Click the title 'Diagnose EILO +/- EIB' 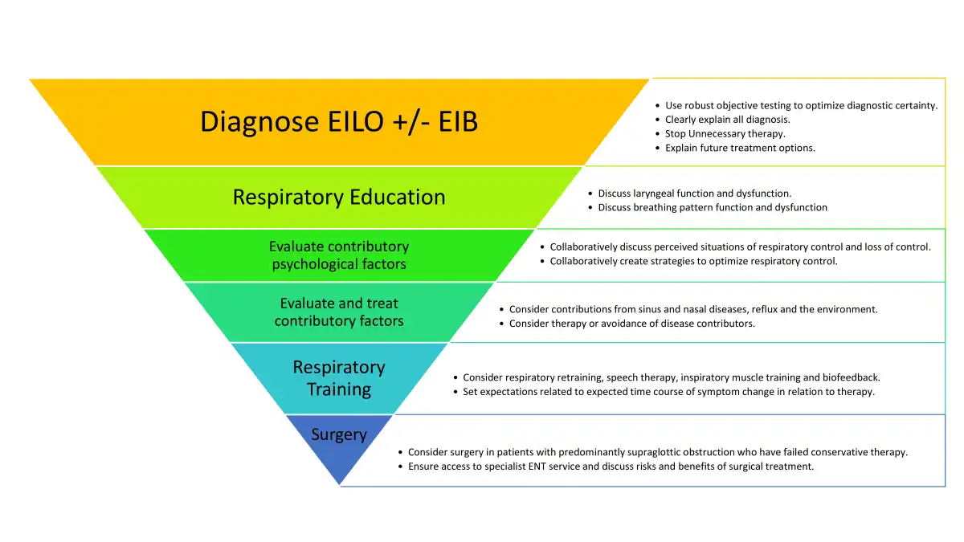pyautogui.click(x=338, y=122)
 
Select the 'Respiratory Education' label pyautogui.click(x=338, y=198)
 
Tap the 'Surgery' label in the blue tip pyautogui.click(x=338, y=434)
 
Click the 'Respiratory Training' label pyautogui.click(x=338, y=378)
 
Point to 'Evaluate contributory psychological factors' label pyautogui.click(x=338, y=255)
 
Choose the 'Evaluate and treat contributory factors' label pyautogui.click(x=338, y=312)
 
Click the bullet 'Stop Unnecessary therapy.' pyautogui.click(x=725, y=134)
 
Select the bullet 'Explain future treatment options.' pyautogui.click(x=740, y=148)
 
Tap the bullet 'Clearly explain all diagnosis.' pyautogui.click(x=727, y=120)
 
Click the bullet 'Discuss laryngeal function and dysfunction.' pyautogui.click(x=694, y=194)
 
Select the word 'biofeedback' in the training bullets pyautogui.click(x=851, y=377)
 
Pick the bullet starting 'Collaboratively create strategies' pyautogui.click(x=693, y=261)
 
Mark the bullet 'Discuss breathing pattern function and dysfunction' pyautogui.click(x=712, y=207)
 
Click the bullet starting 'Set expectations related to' pyautogui.click(x=668, y=392)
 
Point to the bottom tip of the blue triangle pyautogui.click(x=341, y=485)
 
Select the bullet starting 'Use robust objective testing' pyautogui.click(x=801, y=106)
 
